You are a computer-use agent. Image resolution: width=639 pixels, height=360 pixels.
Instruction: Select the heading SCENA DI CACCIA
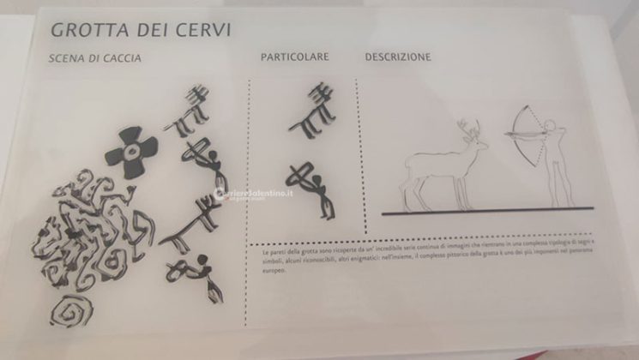(x=95, y=59)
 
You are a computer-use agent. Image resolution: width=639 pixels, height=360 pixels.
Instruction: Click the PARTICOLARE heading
(x=295, y=57)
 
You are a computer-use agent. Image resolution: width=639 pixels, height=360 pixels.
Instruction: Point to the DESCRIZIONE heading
(x=398, y=57)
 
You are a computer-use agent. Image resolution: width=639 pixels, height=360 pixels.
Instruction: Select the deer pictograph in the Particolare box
(x=312, y=109)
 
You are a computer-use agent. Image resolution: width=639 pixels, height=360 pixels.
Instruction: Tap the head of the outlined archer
(x=550, y=126)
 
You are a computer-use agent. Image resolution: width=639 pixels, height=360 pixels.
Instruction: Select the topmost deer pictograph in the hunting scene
(x=190, y=111)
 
